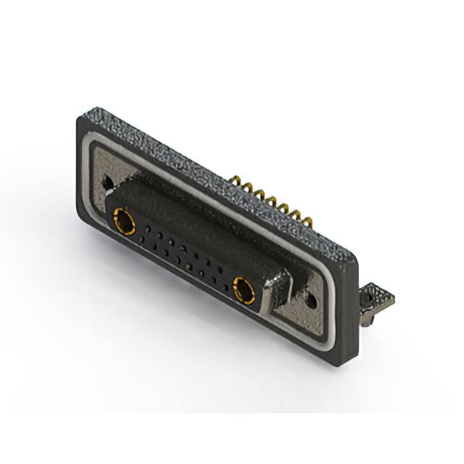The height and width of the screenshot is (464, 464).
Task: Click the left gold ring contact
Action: [x=124, y=221]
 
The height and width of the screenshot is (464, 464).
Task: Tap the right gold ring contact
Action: [x=244, y=291]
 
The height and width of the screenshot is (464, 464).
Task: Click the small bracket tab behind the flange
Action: [x=377, y=298]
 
